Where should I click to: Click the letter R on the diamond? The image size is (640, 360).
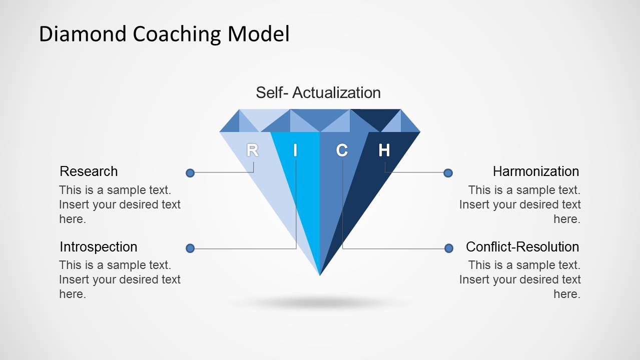(253, 150)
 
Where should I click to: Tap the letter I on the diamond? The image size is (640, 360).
(295, 150)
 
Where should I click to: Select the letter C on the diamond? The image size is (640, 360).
(342, 150)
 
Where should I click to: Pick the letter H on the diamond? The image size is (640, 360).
(384, 150)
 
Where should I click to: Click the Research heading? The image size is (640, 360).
(89, 171)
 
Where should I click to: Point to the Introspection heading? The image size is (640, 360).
(98, 247)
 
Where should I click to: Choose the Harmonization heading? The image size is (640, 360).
(535, 171)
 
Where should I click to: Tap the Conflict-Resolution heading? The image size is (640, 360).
(522, 247)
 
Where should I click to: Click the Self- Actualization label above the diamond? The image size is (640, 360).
(318, 92)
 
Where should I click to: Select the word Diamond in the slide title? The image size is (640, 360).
(83, 34)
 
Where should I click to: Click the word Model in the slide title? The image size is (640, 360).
(258, 34)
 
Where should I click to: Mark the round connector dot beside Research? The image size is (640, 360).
(190, 173)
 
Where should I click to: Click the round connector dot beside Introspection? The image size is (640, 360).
(190, 248)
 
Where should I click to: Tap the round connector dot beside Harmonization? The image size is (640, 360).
(448, 173)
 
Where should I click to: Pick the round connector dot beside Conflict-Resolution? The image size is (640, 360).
(449, 248)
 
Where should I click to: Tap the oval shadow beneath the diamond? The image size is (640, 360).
(320, 302)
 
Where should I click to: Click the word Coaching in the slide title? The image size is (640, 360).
(178, 34)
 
